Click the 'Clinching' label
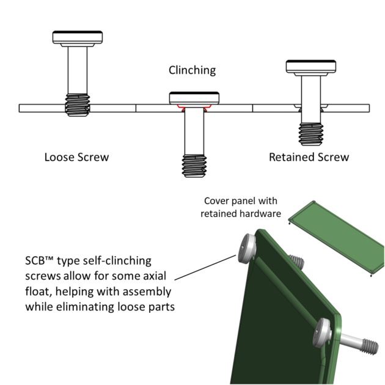192,70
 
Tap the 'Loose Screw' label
76,157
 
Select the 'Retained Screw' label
309,157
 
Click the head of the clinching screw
194,98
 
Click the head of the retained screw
310,68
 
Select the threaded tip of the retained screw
310,134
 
